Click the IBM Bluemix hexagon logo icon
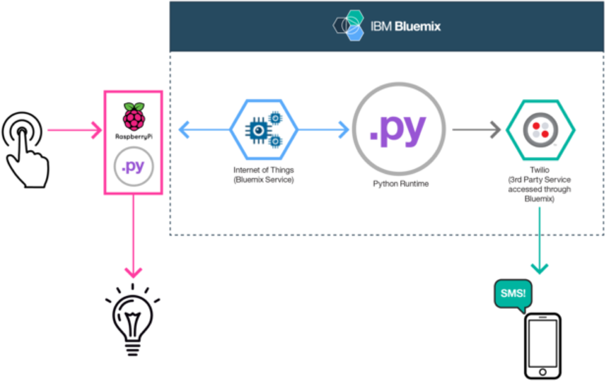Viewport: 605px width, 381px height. point(348,26)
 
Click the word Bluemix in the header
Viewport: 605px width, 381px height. point(417,27)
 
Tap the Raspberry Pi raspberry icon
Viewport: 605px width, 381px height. point(134,116)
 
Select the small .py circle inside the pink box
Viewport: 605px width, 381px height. point(134,167)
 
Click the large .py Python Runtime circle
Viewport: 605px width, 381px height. point(399,129)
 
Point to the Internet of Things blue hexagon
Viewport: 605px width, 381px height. point(263,129)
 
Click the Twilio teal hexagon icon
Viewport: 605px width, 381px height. point(540,130)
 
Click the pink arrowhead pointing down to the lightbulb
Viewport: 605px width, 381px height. point(134,272)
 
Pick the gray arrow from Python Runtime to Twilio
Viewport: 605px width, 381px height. point(476,130)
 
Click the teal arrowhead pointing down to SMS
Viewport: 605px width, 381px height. point(539,268)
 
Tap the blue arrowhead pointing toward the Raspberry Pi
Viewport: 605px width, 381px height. point(184,129)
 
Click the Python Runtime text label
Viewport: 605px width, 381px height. point(400,184)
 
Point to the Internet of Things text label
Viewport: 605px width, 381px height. point(263,175)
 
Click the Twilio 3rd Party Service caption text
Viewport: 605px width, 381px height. point(539,184)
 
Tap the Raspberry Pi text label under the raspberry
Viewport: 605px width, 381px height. point(134,136)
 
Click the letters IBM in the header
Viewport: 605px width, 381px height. point(381,27)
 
